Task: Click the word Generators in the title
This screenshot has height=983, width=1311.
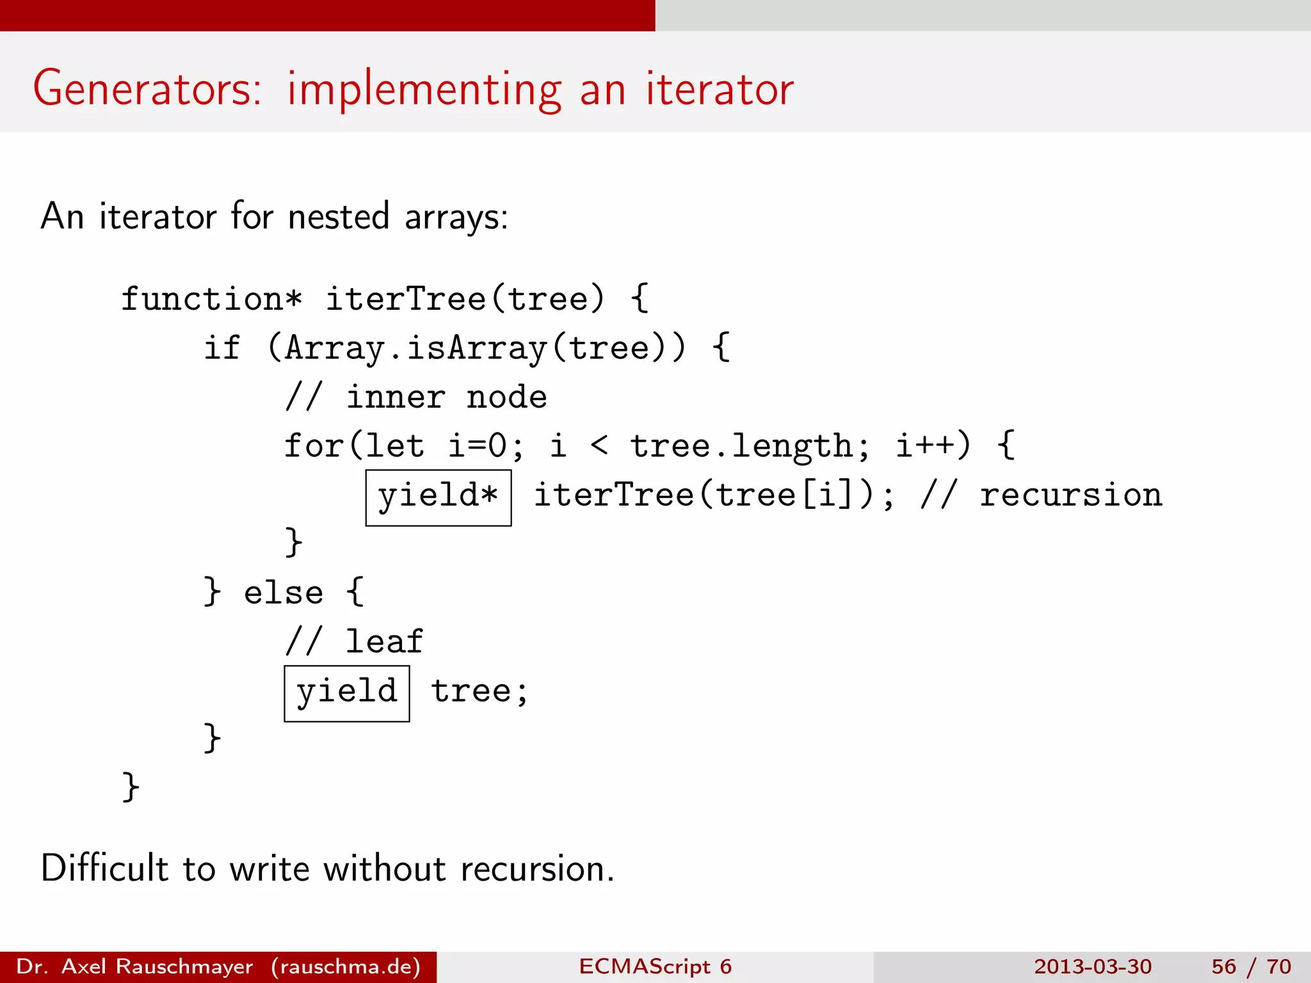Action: tap(147, 89)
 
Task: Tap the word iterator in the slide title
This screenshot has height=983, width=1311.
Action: tap(720, 89)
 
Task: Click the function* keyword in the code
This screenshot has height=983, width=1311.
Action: tap(211, 300)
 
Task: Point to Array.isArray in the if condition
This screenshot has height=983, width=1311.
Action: tap(416, 349)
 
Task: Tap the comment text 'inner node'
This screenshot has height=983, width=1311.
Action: tap(446, 397)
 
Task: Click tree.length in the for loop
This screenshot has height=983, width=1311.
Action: tap(742, 446)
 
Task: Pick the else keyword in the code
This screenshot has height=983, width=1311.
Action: tap(283, 593)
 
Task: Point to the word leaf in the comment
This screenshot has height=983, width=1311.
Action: tap(384, 642)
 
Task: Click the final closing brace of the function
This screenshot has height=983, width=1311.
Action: tap(131, 787)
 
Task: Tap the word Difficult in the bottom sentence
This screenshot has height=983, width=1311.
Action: tap(105, 869)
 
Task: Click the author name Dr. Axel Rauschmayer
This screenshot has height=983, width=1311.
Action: tap(134, 966)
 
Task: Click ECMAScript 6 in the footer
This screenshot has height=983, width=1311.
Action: tap(655, 966)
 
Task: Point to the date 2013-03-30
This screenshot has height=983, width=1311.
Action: tap(1093, 966)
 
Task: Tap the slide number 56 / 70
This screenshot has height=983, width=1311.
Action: tap(1251, 966)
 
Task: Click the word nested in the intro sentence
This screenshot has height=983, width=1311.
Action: tap(339, 216)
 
